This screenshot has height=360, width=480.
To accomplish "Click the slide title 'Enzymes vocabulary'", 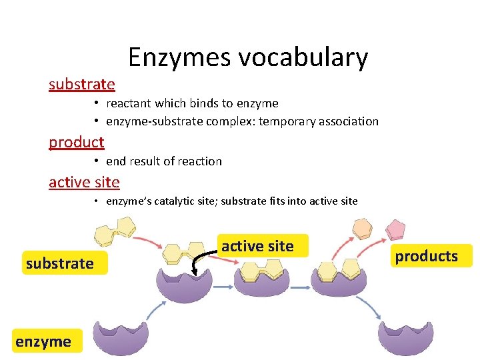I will pos(247,57).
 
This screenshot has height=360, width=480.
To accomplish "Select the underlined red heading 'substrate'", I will pos(82,85).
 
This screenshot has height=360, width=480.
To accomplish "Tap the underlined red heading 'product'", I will pos(77,142).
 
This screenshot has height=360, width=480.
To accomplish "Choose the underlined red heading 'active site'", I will pos(84,182).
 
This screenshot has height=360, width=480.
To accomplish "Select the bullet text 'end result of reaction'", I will pos(164,161).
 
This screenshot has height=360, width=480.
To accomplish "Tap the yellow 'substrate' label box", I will pos(59,263).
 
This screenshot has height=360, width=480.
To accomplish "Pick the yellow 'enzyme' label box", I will pos(44,342).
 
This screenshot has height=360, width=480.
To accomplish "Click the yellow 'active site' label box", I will pos(257,246).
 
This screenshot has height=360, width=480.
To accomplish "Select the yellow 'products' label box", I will pos(426,256).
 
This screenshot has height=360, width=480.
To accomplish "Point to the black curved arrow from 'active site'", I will pos(196,263).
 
